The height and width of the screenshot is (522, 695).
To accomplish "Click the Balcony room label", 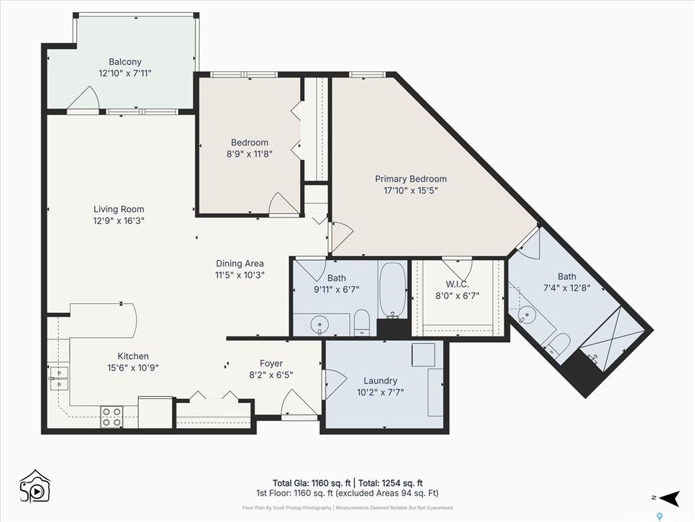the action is point(125,62).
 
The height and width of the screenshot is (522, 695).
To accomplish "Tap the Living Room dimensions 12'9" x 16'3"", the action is point(119,221).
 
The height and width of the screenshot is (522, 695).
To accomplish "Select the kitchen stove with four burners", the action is point(112,417).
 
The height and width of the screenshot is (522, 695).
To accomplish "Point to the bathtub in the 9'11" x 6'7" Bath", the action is point(393,290).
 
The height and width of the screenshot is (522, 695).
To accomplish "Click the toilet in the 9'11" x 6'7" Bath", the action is point(362,322).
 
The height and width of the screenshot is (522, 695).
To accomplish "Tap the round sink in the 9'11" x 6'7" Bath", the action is point(320,325).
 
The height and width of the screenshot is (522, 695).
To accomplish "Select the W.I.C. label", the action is point(457,284).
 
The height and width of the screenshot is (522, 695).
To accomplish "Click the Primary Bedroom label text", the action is point(411,179).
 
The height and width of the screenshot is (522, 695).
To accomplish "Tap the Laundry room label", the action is point(380,381).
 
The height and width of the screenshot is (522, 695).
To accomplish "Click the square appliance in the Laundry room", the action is point(424,355).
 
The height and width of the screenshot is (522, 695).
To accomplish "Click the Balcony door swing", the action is point(83,98).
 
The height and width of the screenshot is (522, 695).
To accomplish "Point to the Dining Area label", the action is point(240,263).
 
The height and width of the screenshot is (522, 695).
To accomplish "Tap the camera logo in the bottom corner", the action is point(35,487).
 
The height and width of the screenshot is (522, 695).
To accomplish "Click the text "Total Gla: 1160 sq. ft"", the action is point(312,483).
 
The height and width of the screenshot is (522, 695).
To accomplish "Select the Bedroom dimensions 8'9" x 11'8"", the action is point(250,154).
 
